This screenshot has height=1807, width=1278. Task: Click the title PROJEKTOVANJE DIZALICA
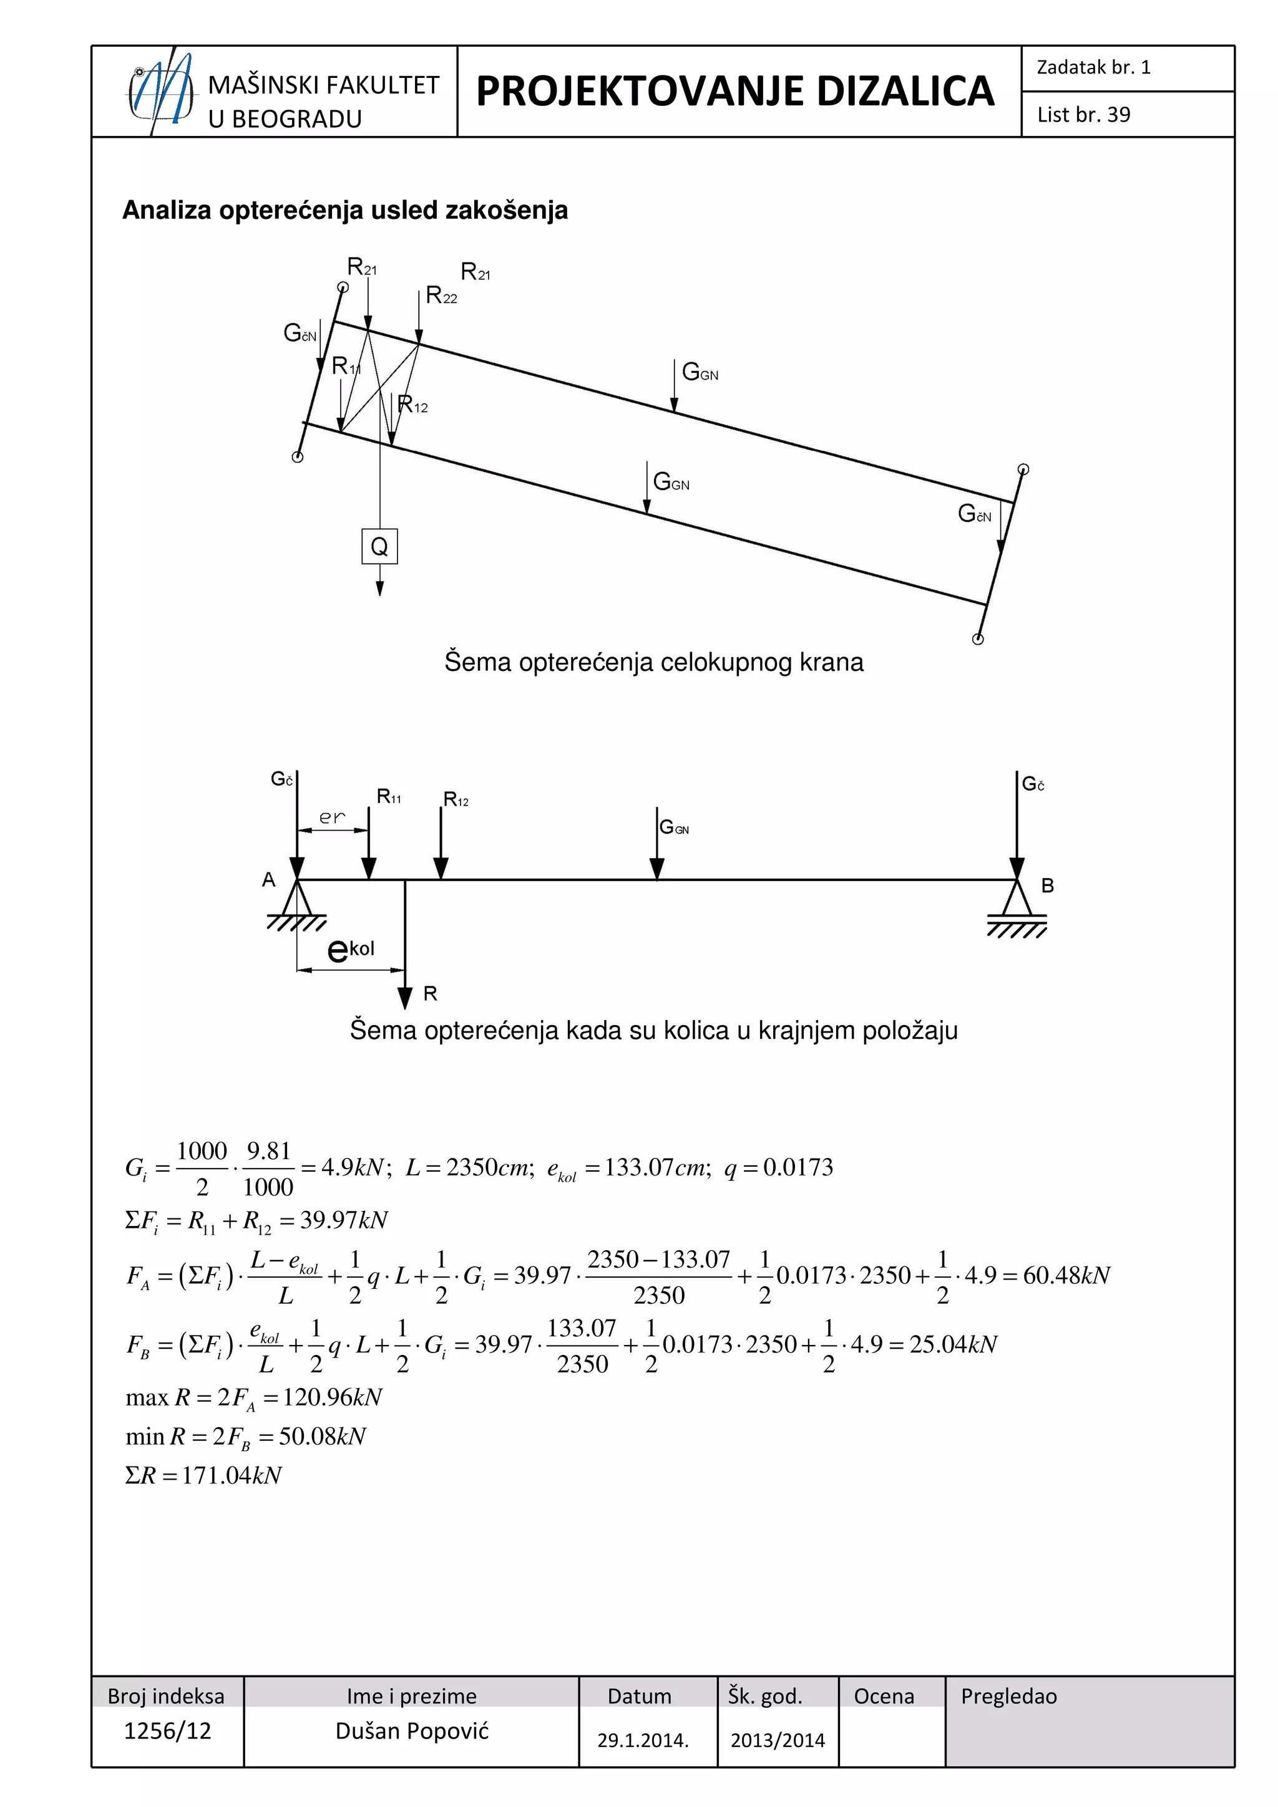coord(734,91)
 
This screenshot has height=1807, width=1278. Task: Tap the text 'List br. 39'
coord(1083,115)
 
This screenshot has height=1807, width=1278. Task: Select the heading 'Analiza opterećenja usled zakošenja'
coord(345,210)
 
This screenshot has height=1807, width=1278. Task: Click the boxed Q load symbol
coord(379,546)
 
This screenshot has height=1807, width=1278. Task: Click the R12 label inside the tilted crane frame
coord(412,405)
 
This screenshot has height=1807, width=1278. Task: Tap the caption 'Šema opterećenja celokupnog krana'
coord(653,662)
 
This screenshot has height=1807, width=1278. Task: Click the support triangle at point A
coord(297,899)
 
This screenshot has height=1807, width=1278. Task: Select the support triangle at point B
coord(1017,899)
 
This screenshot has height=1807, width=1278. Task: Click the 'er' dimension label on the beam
coord(331,817)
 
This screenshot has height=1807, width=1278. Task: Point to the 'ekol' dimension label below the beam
coord(351,950)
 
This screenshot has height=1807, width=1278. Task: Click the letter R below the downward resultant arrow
coord(430,994)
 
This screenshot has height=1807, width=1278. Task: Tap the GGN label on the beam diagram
coord(674,827)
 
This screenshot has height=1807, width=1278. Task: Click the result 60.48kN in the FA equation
coord(1066,1275)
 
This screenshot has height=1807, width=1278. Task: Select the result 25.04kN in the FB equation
coord(953,1344)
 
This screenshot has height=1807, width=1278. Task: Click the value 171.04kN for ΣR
coord(232,1476)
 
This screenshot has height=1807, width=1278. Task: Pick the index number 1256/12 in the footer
coord(168,1732)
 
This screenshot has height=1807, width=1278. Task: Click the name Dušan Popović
coord(412,1732)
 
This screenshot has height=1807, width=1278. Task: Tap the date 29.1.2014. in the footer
coord(643,1740)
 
